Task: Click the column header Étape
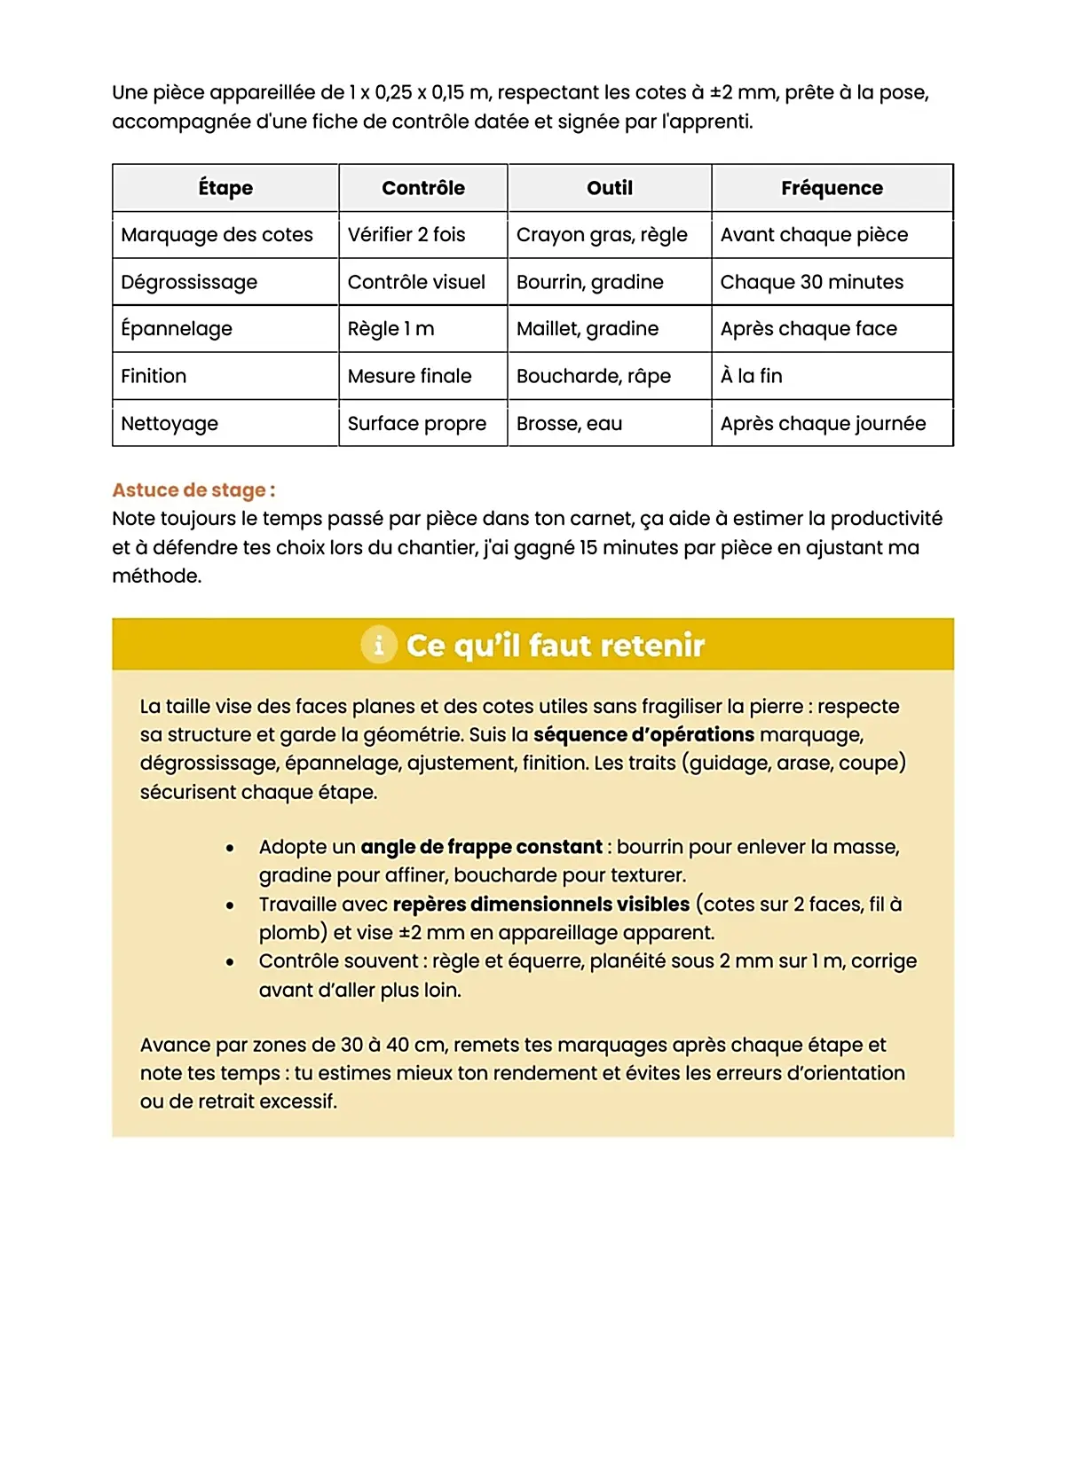click(225, 188)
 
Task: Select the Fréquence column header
click(832, 188)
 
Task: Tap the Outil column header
click(610, 188)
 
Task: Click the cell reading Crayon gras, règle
click(602, 235)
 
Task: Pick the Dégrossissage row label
click(189, 282)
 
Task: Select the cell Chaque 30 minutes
click(811, 282)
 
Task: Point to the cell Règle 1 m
click(390, 329)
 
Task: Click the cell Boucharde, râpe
click(593, 376)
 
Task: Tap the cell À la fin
click(751, 376)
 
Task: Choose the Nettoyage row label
click(170, 424)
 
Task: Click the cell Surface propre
click(416, 424)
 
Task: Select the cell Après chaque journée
click(823, 424)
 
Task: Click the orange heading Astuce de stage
click(193, 490)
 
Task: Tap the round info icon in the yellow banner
click(379, 645)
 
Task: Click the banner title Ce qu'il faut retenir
click(556, 646)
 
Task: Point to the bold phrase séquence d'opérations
click(643, 735)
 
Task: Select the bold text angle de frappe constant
click(481, 847)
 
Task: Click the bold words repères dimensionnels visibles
click(540, 905)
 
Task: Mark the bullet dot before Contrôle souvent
click(230, 961)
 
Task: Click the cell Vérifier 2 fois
click(406, 235)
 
